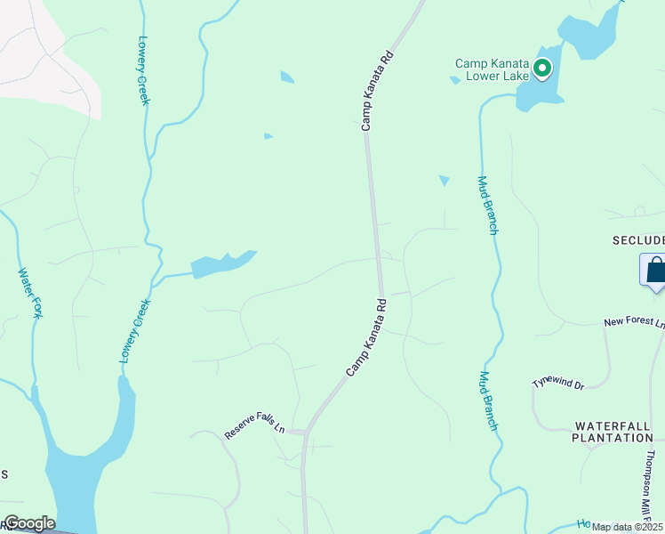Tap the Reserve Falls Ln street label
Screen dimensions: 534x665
tap(254, 424)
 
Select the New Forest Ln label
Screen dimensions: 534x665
tap(634, 323)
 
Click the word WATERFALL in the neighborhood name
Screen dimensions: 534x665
tap(613, 426)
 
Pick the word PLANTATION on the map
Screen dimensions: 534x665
tap(612, 438)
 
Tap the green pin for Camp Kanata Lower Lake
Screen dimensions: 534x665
tap(541, 68)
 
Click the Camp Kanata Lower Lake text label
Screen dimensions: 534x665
tap(492, 69)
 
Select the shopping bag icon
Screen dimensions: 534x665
tap(654, 270)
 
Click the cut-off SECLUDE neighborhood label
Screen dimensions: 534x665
tap(637, 240)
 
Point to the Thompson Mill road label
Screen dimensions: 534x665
tap(653, 485)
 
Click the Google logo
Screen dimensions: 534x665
tap(28, 523)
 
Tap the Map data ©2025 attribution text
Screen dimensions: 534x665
tap(627, 527)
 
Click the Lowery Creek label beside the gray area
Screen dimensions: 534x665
tap(144, 70)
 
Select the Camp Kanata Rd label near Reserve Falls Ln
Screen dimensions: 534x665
tap(366, 336)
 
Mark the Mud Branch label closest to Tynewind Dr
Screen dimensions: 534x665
tap(488, 400)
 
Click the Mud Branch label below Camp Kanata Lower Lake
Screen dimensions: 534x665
tap(487, 205)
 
